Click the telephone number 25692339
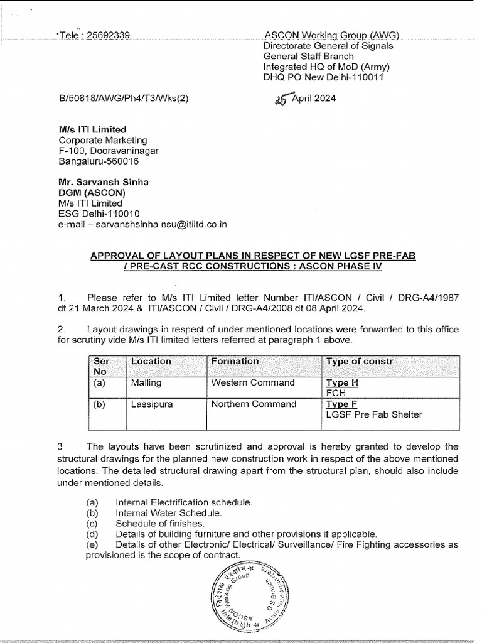(x=107, y=36)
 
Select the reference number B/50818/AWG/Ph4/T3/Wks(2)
(x=123, y=99)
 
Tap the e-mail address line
(x=142, y=224)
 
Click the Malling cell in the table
(x=146, y=382)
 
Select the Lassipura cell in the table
(x=151, y=404)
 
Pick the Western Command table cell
(x=253, y=382)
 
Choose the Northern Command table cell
(x=254, y=404)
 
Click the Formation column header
(x=235, y=361)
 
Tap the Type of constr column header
(x=358, y=361)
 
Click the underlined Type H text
(x=342, y=382)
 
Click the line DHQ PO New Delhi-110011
(x=323, y=77)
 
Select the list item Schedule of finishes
(x=160, y=523)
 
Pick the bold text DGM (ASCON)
(x=92, y=192)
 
